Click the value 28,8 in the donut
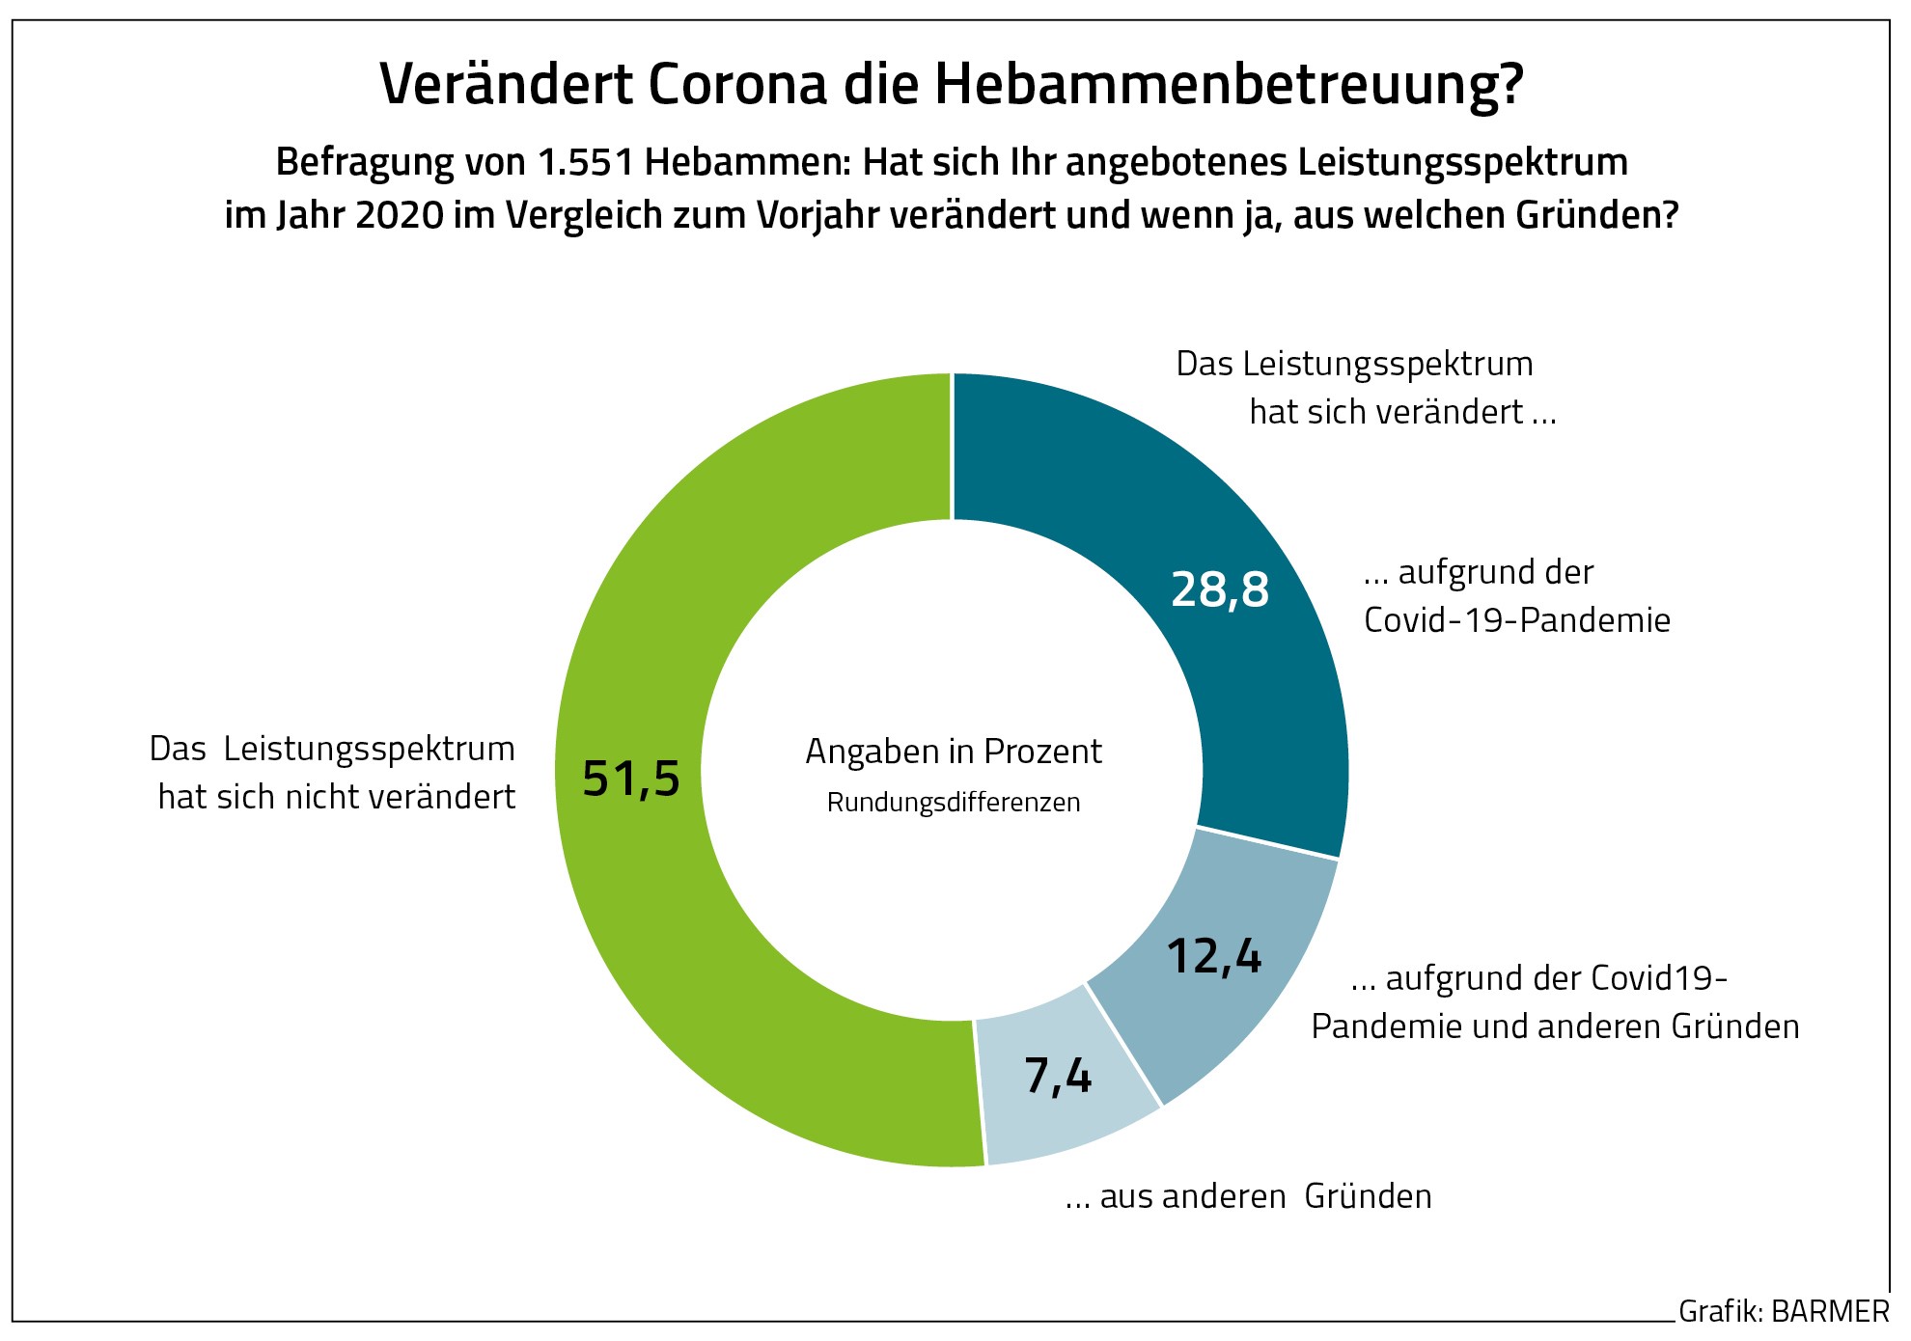(x=1220, y=589)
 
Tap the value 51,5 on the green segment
(x=631, y=779)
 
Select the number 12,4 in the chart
(x=1214, y=956)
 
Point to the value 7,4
(x=1058, y=1076)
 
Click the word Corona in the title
(x=737, y=84)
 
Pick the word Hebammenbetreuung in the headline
(x=1229, y=84)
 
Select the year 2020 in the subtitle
(x=400, y=215)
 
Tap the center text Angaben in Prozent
(x=954, y=752)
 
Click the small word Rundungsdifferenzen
(x=954, y=803)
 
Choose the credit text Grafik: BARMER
(x=1784, y=1312)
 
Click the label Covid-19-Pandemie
(x=1516, y=620)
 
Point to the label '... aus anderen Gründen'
(x=1248, y=1196)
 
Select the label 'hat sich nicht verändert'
(x=337, y=797)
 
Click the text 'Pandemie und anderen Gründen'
(x=1555, y=1026)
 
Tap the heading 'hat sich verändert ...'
(x=1402, y=412)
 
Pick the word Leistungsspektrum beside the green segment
(x=370, y=749)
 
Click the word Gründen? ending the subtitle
(x=1596, y=215)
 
